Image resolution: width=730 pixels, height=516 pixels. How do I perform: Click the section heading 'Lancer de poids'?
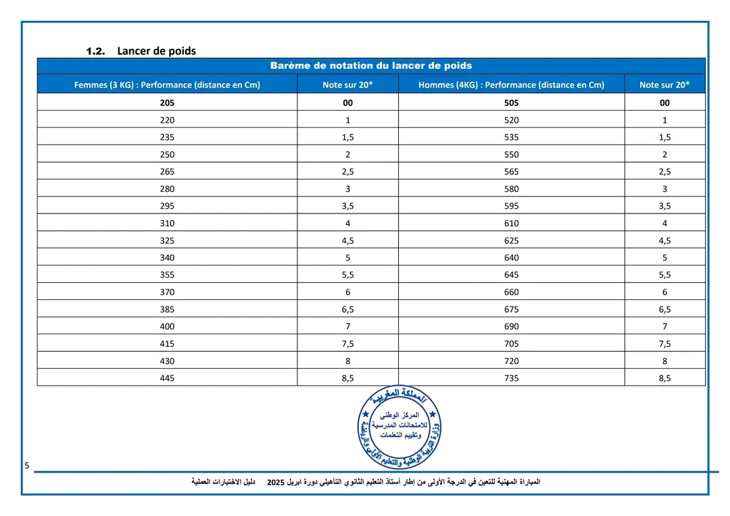coord(156,51)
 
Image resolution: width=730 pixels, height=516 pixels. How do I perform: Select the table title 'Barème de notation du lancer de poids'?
coord(370,66)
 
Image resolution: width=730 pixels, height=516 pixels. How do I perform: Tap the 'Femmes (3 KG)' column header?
coord(167,84)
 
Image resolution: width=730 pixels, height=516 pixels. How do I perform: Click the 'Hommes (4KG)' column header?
coord(511,84)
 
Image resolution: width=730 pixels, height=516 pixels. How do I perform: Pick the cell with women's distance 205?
coord(167,103)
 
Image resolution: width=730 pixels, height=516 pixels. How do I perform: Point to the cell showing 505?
coord(511,103)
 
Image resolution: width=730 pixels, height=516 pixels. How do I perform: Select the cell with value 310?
coord(167,223)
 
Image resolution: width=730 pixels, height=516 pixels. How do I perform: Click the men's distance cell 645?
coord(511,274)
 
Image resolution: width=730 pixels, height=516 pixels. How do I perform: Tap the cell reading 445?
coord(167,378)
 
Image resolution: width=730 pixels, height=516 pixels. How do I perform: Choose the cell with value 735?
coord(511,378)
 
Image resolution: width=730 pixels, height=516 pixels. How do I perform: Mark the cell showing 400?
coord(167,326)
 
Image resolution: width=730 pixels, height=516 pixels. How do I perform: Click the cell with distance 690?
coord(511,326)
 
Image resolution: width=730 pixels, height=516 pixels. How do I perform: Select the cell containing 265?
coord(167,172)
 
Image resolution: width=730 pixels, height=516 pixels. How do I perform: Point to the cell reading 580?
coord(511,188)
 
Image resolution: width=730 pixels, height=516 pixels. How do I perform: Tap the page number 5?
coord(27,465)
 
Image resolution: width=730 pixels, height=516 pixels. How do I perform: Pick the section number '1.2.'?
coord(96,51)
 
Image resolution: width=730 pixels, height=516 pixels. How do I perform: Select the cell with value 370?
coord(167,292)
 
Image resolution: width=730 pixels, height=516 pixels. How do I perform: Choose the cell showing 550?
coord(511,154)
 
